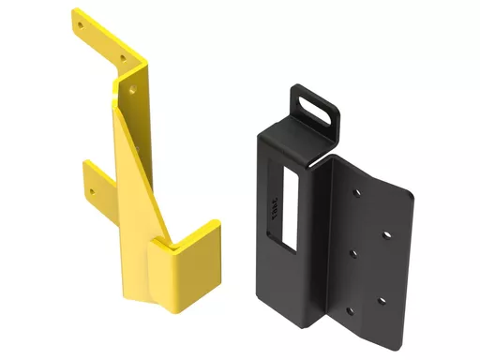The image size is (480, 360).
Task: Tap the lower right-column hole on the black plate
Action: (x=382, y=299)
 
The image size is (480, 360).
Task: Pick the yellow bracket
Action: (x=141, y=178)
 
